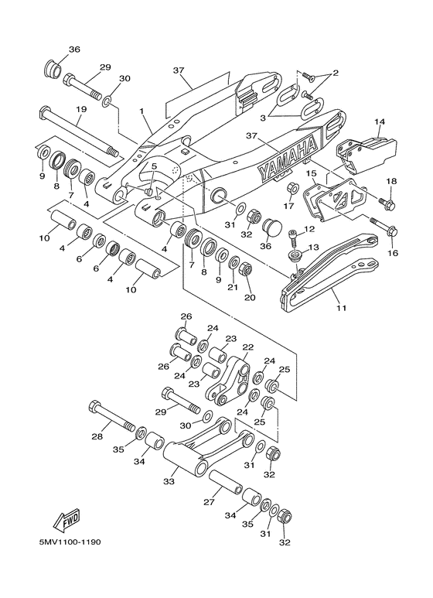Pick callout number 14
380,122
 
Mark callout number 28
97,436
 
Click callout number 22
247,347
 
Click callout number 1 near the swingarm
142,111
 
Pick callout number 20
249,296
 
